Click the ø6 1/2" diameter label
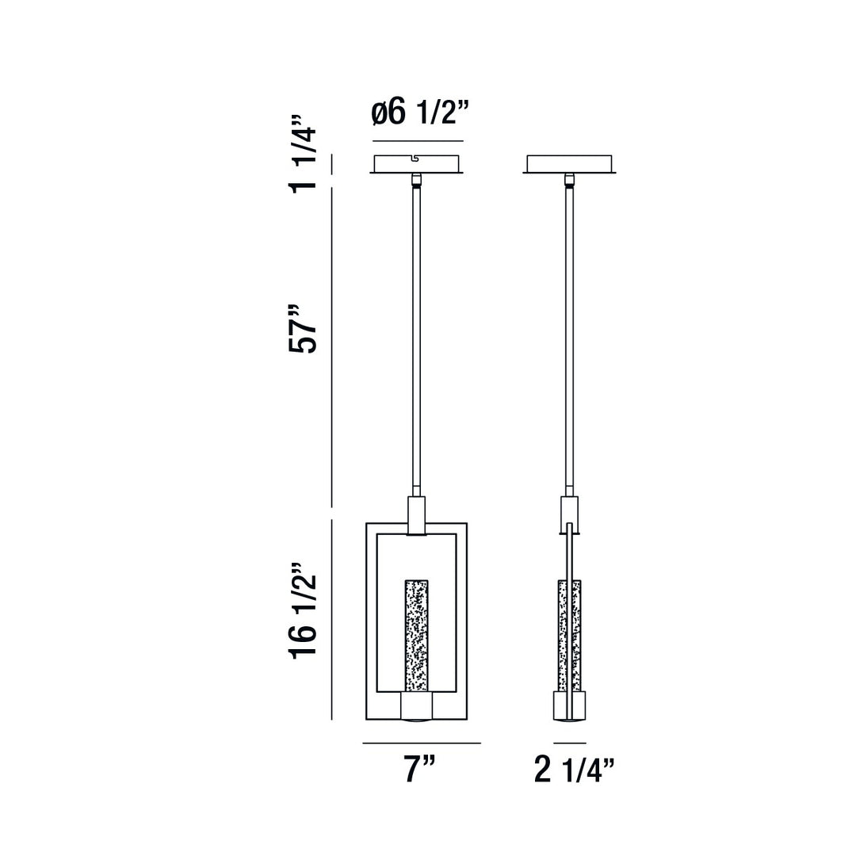(x=420, y=113)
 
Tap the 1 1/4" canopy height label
(x=304, y=153)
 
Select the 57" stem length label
(x=304, y=329)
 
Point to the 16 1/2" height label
(x=304, y=610)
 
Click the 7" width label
(x=420, y=769)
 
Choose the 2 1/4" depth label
(x=575, y=769)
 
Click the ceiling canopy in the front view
(x=417, y=164)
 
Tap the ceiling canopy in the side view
(x=569, y=164)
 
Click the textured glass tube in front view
(x=416, y=635)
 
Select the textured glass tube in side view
(x=569, y=635)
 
